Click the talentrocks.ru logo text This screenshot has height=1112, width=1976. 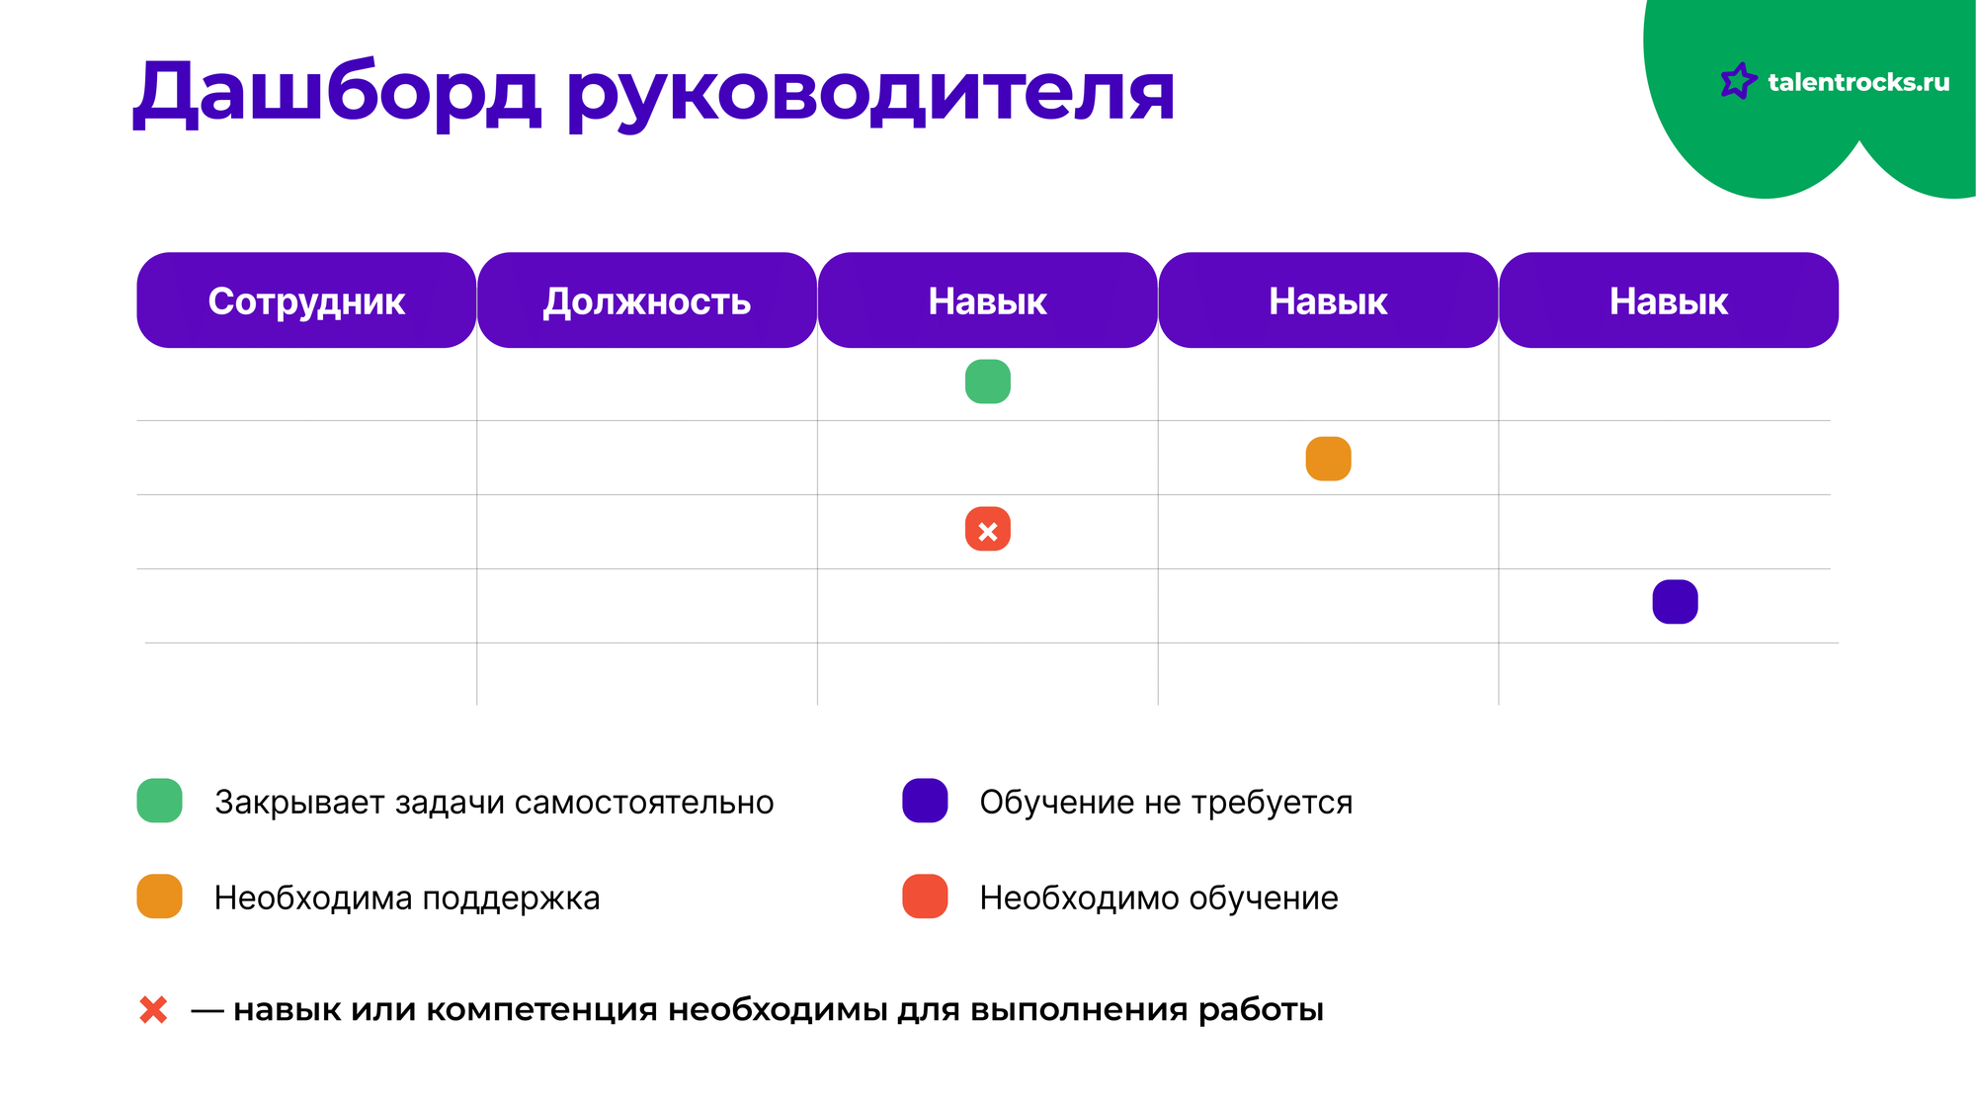1858,82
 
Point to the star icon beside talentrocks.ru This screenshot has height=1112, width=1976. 1739,81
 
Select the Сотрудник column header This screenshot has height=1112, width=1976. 306,300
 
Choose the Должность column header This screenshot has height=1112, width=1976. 647,300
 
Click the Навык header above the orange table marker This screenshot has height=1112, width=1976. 1328,300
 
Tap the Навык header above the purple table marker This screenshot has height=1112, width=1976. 1669,300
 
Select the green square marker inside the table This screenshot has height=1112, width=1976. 988,382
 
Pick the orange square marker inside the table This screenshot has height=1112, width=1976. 1329,459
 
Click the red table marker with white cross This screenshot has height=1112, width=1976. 988,529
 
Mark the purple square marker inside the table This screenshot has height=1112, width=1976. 1676,602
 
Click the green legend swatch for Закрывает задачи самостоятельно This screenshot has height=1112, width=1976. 160,801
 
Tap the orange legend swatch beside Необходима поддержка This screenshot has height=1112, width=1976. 160,897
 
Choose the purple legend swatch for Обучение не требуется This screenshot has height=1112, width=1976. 926,801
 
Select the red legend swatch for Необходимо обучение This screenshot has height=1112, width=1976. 926,897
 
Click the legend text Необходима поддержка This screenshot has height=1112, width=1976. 407,898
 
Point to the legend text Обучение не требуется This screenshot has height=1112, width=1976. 1166,803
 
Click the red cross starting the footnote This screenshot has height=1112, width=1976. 153,1010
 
